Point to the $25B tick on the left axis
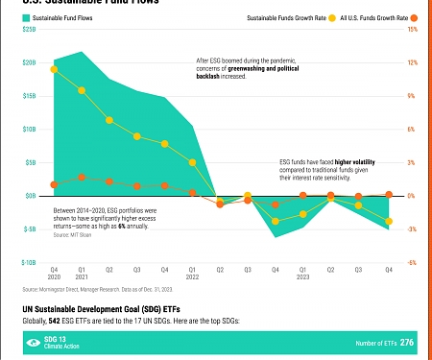30,30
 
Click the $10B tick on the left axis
30,129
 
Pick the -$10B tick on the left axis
29,262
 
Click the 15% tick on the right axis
412,30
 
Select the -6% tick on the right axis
412,262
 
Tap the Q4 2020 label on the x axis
54,274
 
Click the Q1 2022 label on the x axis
192,274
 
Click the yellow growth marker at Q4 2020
54,69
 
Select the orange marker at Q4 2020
54,184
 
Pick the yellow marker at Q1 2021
82,90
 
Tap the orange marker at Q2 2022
220,204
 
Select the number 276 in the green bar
407,343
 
